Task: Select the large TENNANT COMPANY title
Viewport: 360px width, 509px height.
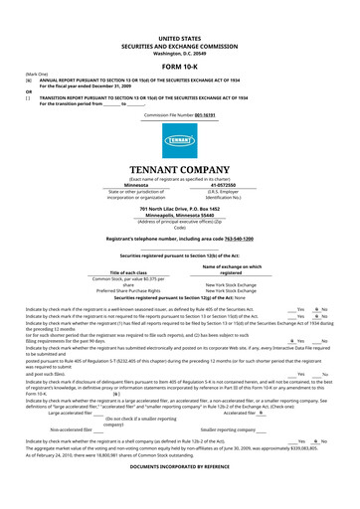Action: point(179,169)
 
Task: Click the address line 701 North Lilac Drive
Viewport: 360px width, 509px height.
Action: point(179,208)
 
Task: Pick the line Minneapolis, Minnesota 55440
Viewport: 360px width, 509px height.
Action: point(179,214)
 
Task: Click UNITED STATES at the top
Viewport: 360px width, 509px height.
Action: point(179,36)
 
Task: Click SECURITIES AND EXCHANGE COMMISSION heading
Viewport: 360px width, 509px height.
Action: point(179,43)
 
